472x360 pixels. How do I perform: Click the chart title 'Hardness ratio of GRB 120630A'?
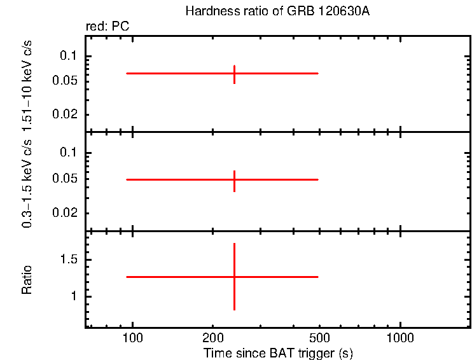pyautogui.click(x=277, y=11)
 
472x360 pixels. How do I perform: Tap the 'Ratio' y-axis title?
pyautogui.click(x=27, y=279)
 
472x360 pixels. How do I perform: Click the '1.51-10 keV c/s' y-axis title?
pyautogui.click(x=27, y=82)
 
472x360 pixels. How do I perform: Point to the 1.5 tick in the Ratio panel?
pyautogui.click(x=69, y=260)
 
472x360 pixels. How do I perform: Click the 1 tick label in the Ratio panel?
pyautogui.click(x=74, y=296)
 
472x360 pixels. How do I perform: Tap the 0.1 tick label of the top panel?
pyautogui.click(x=68, y=56)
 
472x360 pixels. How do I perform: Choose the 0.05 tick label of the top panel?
pyautogui.click(x=66, y=81)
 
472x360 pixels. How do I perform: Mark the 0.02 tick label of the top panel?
pyautogui.click(x=66, y=114)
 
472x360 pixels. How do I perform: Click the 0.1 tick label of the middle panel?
pyautogui.click(x=68, y=153)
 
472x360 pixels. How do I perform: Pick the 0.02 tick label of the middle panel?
pyautogui.click(x=66, y=213)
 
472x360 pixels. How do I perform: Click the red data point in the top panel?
pyautogui.click(x=234, y=74)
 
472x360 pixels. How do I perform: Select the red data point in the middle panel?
pyautogui.click(x=234, y=180)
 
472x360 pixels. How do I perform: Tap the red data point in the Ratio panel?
pyautogui.click(x=234, y=277)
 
